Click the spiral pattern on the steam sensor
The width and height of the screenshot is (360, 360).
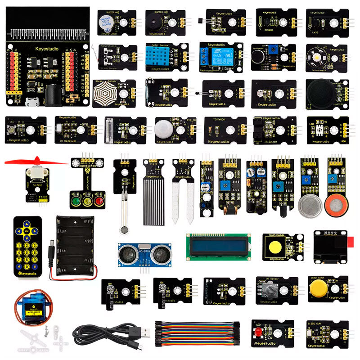point(108,93)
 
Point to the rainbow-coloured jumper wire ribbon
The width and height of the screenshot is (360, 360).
point(198,333)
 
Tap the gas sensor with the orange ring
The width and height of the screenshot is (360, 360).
point(335,205)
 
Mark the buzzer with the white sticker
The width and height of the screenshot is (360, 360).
point(107,20)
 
